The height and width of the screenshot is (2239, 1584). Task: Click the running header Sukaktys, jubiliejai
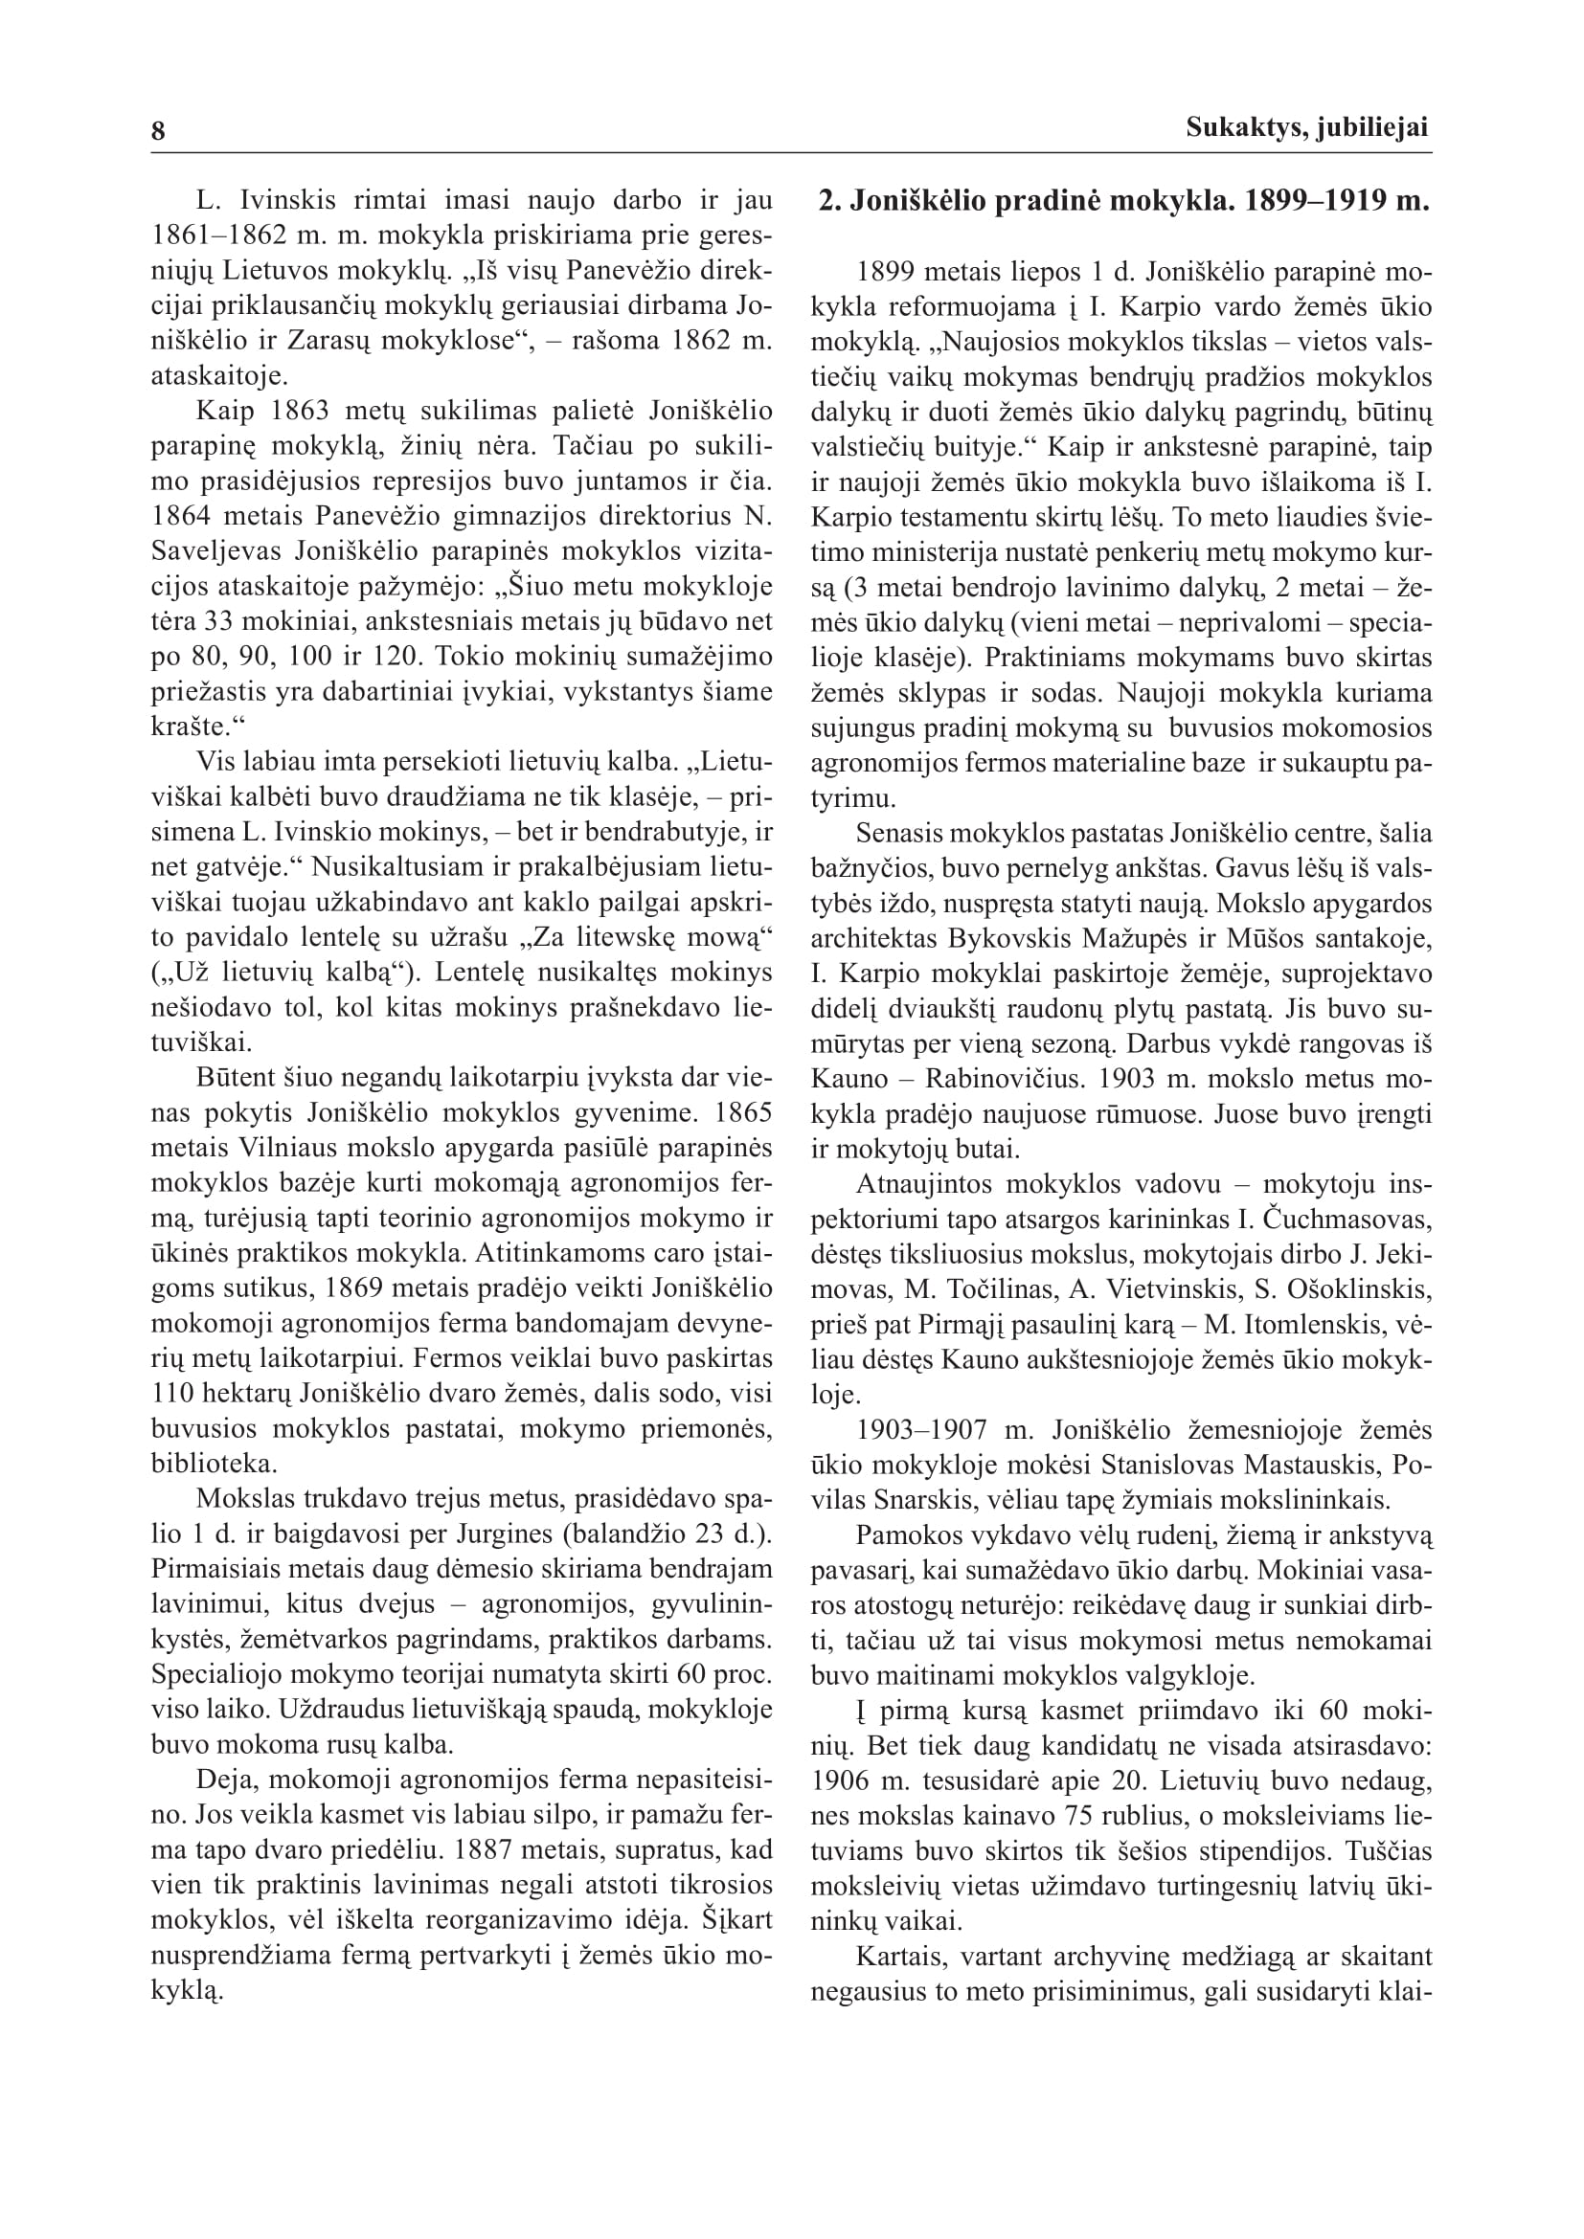click(x=1307, y=127)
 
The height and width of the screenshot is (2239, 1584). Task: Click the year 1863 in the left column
click(x=296, y=412)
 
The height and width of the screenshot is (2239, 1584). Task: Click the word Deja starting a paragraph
click(x=220, y=1780)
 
